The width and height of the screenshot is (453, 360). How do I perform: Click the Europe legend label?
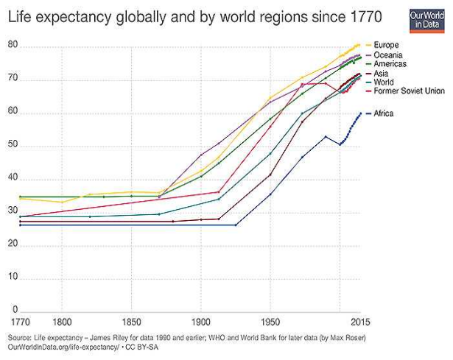point(387,46)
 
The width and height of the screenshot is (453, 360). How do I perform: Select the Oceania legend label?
point(390,55)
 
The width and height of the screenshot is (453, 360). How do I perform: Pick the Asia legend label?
point(382,74)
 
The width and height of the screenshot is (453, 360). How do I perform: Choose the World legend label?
point(384,82)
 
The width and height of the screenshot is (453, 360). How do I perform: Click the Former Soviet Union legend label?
point(409,91)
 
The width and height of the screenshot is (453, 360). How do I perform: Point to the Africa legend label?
point(384,113)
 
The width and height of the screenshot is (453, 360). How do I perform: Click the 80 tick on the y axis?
point(13,45)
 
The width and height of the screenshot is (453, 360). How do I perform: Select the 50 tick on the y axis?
point(13,147)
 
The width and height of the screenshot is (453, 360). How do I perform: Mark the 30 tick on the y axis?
point(13,212)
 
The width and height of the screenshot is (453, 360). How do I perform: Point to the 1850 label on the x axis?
point(131,322)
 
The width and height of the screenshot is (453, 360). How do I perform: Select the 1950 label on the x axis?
point(270,322)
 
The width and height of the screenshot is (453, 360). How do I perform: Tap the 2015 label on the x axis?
point(359,322)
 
